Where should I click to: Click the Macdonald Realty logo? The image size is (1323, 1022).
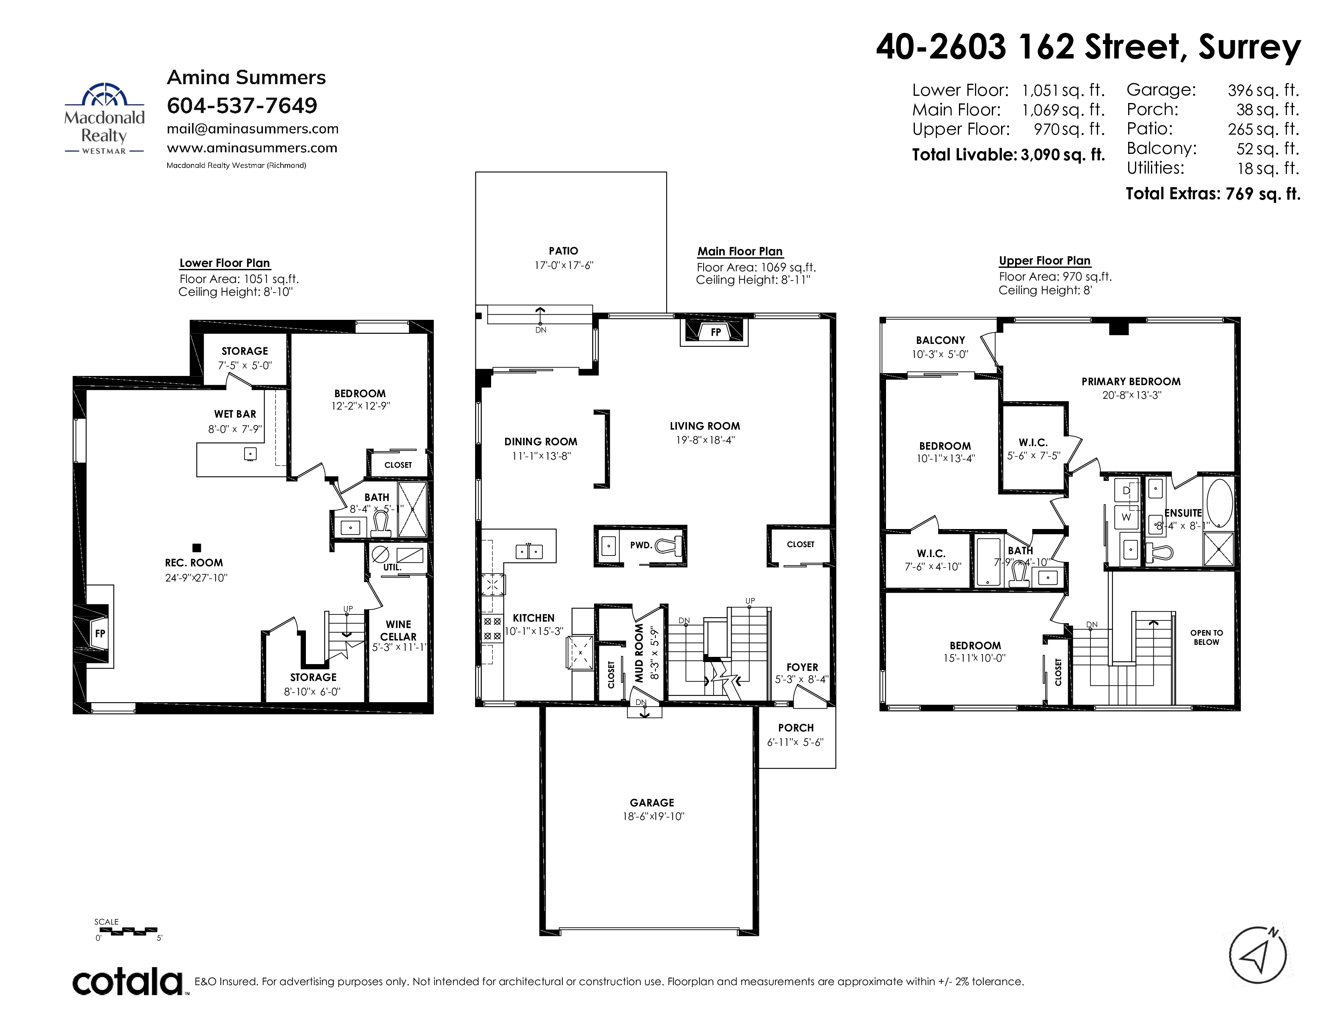point(104,119)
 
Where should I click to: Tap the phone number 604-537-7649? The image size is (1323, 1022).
point(242,106)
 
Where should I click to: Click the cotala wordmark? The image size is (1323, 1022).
point(128,982)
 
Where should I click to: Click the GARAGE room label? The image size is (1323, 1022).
point(652,803)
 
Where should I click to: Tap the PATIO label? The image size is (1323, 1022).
point(563,250)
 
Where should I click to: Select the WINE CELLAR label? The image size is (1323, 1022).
point(398,630)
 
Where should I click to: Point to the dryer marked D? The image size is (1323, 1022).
point(1127,491)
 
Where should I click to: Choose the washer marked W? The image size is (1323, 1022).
point(1127,517)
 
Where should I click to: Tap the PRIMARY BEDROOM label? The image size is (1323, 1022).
point(1131,382)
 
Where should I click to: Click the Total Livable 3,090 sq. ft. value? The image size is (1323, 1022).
point(1063,155)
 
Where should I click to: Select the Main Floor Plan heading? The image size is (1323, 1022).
point(740,251)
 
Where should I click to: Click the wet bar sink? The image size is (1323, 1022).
point(250,453)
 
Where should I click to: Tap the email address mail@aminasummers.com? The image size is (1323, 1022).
point(253,129)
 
